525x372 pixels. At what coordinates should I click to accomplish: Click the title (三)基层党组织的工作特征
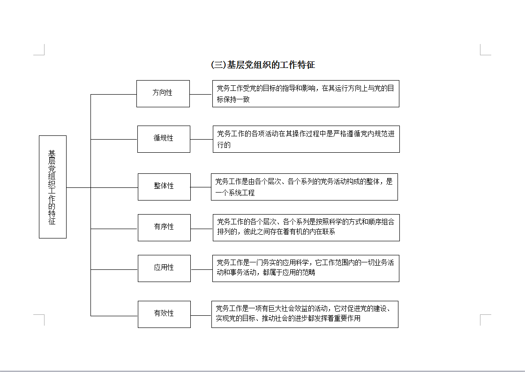click(x=263, y=65)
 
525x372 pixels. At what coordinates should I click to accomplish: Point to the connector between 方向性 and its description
click(x=201, y=94)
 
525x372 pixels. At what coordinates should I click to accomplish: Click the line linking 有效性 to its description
click(x=201, y=315)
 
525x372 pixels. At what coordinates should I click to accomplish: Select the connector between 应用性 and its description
click(x=202, y=269)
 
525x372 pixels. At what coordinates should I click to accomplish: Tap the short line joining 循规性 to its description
click(x=202, y=139)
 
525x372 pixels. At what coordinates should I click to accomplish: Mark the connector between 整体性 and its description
click(x=201, y=187)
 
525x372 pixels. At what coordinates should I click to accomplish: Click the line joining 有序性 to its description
click(x=202, y=229)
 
